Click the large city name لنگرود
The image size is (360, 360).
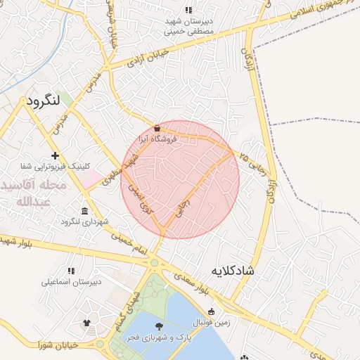(x=45, y=101)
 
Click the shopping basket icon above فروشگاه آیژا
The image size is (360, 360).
(x=156, y=129)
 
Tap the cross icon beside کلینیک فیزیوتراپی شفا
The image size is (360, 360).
(x=55, y=155)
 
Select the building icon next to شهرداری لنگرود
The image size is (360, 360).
(x=85, y=212)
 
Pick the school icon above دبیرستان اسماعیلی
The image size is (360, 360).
(x=70, y=270)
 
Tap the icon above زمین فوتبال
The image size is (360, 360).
(x=211, y=311)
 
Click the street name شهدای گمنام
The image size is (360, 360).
(x=127, y=311)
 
